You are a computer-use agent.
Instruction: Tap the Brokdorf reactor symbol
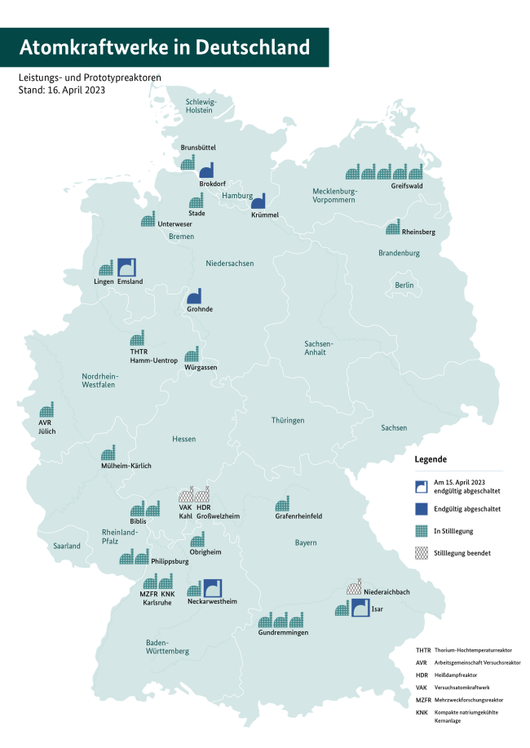pos(206,170)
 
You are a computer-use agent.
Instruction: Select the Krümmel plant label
pos(266,215)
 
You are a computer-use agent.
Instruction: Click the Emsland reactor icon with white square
pos(127,268)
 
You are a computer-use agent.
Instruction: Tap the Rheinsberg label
pos(419,232)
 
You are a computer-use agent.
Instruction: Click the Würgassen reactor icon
pos(192,355)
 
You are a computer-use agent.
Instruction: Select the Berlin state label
pos(404,285)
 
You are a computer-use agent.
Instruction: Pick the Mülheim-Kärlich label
pos(126,466)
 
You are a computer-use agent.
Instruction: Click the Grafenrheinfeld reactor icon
pos(283,503)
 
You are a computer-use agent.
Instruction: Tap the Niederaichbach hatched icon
pos(354,587)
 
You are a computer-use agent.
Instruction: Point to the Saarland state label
pos(68,545)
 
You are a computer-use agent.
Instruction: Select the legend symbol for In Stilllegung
pos(421,531)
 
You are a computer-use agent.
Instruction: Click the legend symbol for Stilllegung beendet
pos(421,553)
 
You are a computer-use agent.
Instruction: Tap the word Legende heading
pos(431,459)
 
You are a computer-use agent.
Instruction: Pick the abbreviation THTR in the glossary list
pos(422,649)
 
